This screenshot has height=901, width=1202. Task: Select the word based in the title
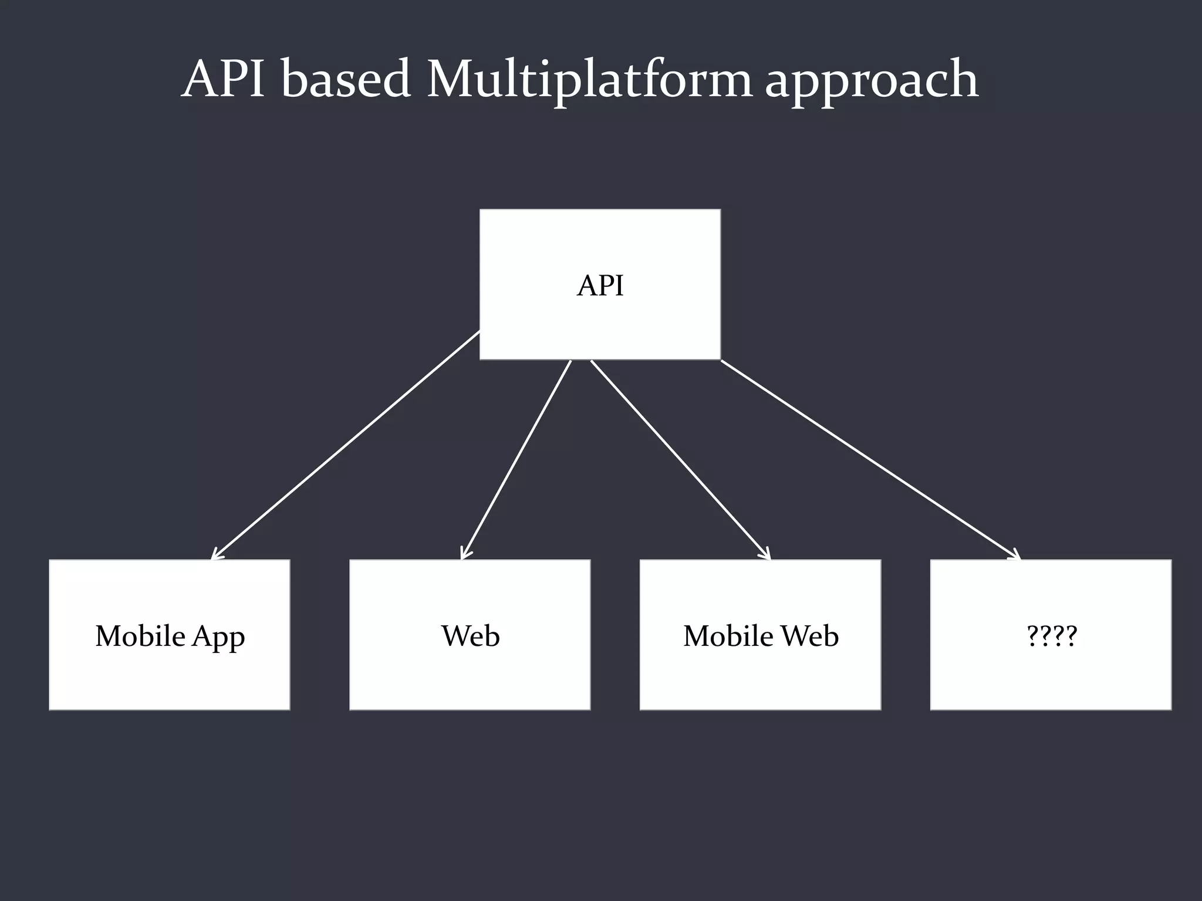[x=345, y=79]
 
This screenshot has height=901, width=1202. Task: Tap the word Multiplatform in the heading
[x=589, y=79]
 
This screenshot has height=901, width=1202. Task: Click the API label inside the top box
[x=600, y=286]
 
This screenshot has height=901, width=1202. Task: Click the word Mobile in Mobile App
[x=140, y=636]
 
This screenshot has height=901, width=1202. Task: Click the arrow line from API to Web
[x=516, y=459]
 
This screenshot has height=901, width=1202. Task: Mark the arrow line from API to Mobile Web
[x=680, y=459]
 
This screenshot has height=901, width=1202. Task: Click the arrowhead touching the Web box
[x=464, y=553]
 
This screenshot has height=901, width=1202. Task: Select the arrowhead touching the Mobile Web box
[x=765, y=554]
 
